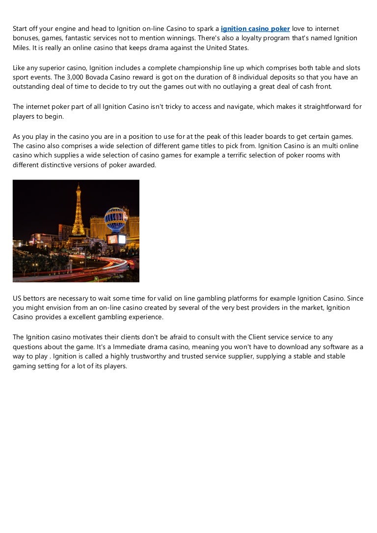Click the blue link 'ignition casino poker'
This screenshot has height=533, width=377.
[255, 29]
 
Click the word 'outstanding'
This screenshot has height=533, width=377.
[32, 87]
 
